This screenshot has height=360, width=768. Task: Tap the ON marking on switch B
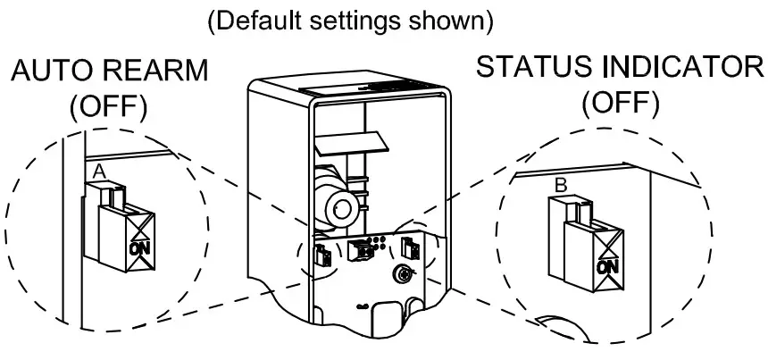[x=607, y=265]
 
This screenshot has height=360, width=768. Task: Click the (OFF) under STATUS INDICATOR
[x=622, y=104]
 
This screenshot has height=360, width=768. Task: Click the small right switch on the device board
[x=412, y=247]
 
